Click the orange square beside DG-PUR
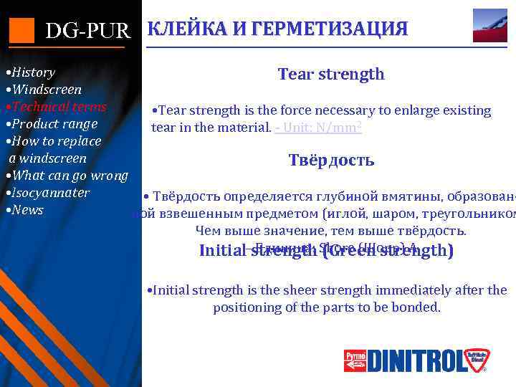(21, 29)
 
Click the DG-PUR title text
(88, 31)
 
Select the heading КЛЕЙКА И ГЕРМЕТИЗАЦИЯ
(277, 29)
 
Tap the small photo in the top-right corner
(489, 25)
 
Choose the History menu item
(30, 72)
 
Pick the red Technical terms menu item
(55, 107)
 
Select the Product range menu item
(50, 124)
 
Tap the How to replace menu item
(53, 141)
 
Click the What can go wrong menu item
(66, 176)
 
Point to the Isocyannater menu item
(47, 193)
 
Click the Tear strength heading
(331, 74)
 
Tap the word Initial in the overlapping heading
(223, 251)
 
